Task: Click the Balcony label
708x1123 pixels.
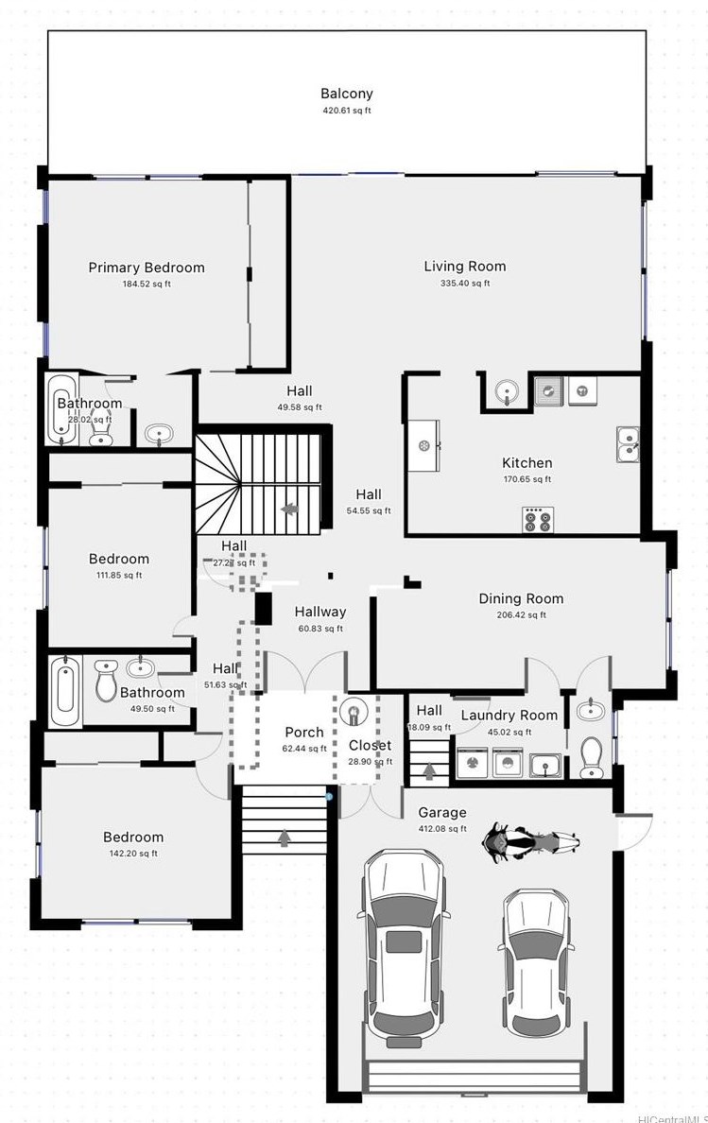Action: pyautogui.click(x=346, y=94)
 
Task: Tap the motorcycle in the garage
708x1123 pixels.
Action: pyautogui.click(x=530, y=841)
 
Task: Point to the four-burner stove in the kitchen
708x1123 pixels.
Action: pyautogui.click(x=539, y=519)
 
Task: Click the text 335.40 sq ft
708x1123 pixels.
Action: pyautogui.click(x=464, y=284)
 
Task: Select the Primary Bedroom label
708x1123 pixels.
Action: pyautogui.click(x=147, y=268)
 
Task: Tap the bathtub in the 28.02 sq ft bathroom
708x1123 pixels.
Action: pyautogui.click(x=62, y=410)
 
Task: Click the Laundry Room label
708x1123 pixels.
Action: pyautogui.click(x=509, y=716)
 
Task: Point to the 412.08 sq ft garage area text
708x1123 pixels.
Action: pyautogui.click(x=442, y=829)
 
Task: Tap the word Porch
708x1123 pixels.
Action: pyautogui.click(x=304, y=732)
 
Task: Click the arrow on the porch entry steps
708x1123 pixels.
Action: pyautogui.click(x=285, y=836)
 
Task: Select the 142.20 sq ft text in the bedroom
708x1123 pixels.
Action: pyautogui.click(x=133, y=854)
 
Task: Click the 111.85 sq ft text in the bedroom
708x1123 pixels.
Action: pyautogui.click(x=119, y=575)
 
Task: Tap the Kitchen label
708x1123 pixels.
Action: pyautogui.click(x=527, y=463)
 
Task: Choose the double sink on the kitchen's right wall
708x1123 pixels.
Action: pyautogui.click(x=628, y=444)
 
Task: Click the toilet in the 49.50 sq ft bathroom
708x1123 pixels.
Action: pyautogui.click(x=107, y=682)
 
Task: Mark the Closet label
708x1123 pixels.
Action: pyautogui.click(x=370, y=746)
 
